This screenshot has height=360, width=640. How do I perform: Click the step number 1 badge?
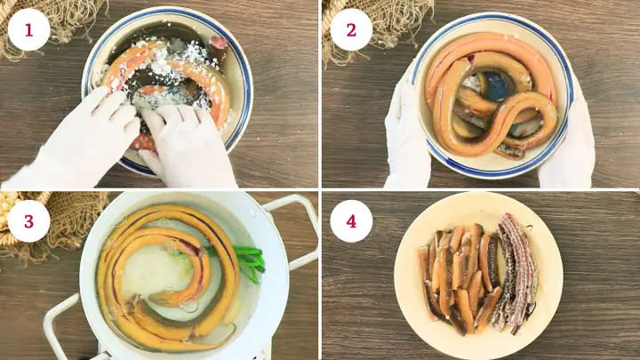click(28, 30)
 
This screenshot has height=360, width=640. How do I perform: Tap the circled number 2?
click(351, 30)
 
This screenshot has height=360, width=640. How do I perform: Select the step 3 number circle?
click(28, 221)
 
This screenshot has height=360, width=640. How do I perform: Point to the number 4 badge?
click(351, 221)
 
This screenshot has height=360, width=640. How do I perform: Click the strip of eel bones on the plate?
click(515, 269)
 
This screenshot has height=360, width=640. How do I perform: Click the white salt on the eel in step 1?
click(164, 77)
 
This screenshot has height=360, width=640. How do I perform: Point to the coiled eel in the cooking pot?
click(167, 277)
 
